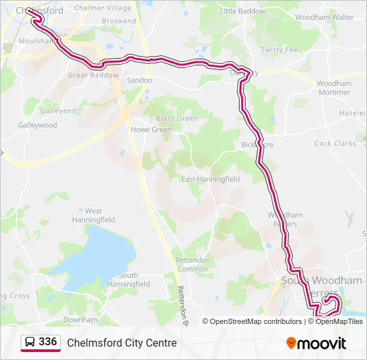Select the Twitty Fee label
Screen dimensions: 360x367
(279, 50)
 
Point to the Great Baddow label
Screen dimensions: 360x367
(93, 75)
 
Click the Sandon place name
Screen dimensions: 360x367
(139, 80)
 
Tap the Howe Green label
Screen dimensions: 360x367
(151, 130)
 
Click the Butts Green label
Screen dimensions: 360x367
(177, 118)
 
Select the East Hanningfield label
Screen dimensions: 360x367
(210, 179)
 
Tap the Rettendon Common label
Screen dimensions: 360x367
(192, 265)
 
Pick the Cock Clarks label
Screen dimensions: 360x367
(335, 143)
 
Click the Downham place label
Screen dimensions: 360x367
(80, 320)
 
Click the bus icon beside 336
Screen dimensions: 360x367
(30, 343)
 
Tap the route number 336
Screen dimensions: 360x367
(48, 342)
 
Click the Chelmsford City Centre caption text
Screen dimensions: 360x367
(121, 343)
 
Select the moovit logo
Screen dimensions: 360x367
(316, 343)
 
